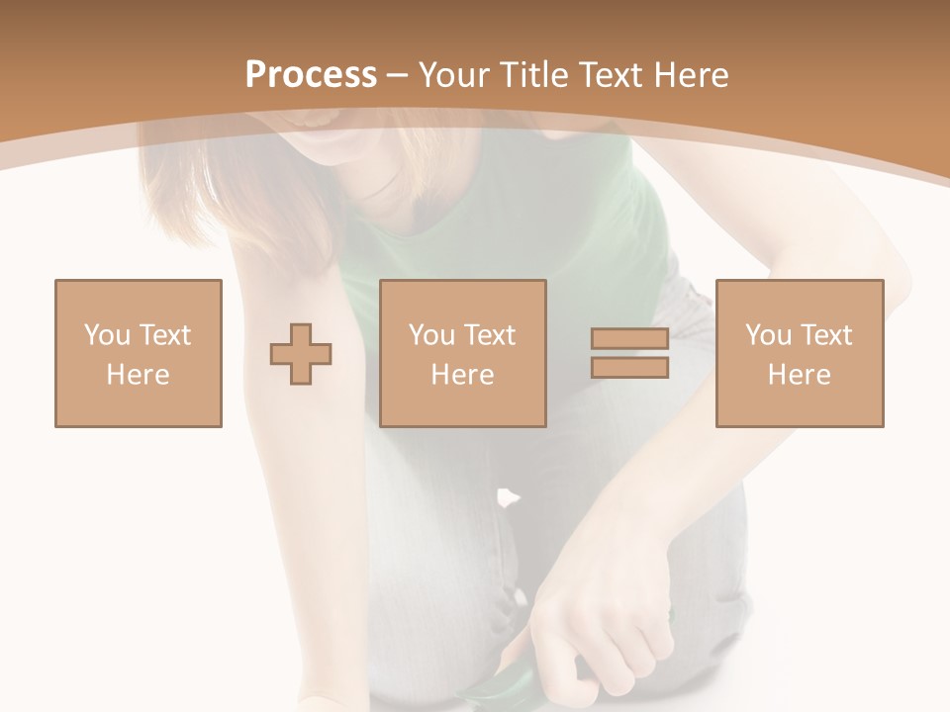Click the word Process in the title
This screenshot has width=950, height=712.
(x=311, y=75)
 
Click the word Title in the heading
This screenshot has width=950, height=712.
(x=534, y=75)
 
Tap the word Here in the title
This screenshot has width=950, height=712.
(x=690, y=75)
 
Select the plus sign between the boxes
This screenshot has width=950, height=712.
(x=301, y=354)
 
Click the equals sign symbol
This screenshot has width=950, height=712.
(x=630, y=353)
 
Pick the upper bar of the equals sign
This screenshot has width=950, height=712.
(x=630, y=339)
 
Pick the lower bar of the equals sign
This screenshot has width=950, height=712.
(x=630, y=367)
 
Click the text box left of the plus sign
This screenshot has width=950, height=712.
(x=139, y=353)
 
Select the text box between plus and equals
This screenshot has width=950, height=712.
(x=463, y=353)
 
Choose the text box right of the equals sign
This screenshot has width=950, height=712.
(x=800, y=353)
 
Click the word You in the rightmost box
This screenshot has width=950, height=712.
(x=768, y=335)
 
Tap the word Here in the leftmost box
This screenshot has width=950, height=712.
(x=139, y=375)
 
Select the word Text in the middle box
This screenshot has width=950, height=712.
(x=490, y=335)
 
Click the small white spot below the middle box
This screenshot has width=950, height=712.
(x=507, y=495)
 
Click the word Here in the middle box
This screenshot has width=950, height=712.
(x=463, y=375)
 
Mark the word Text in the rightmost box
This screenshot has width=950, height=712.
(x=826, y=335)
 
